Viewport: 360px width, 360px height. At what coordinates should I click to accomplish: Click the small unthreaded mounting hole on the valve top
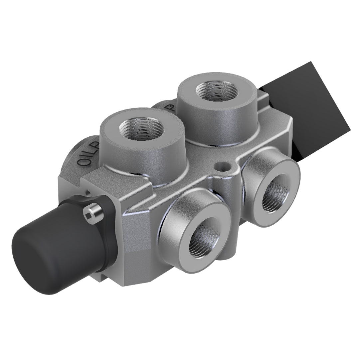pyautogui.click(x=221, y=166)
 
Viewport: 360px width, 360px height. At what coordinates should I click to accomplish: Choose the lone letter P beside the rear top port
pyautogui.click(x=170, y=107)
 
